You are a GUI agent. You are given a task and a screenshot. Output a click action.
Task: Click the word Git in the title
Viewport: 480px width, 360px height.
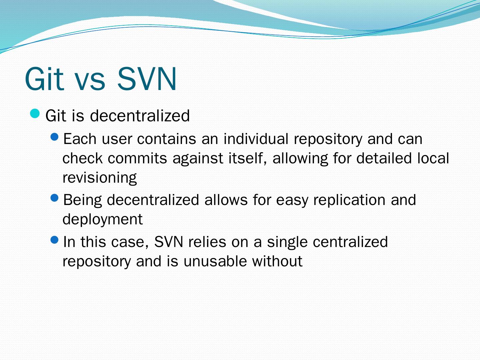[x=44, y=78]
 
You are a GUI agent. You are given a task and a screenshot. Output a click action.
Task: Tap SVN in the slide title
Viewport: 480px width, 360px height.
[x=147, y=78]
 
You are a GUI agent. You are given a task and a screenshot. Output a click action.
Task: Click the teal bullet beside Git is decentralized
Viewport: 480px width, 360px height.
[x=35, y=114]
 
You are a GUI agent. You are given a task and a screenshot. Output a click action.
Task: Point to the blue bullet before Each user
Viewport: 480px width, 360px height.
[x=54, y=137]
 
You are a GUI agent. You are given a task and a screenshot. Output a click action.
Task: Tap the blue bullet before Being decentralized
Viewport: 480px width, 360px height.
[x=54, y=198]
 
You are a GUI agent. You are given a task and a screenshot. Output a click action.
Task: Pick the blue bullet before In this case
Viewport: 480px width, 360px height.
[x=54, y=240]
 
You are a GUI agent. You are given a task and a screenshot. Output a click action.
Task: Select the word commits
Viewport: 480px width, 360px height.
[x=137, y=158]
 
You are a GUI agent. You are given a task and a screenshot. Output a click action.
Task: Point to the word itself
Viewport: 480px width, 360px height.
[x=248, y=158]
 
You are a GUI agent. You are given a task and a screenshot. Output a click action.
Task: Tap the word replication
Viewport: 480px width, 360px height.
[x=349, y=200]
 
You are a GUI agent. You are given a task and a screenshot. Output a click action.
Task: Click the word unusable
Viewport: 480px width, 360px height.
[x=215, y=261]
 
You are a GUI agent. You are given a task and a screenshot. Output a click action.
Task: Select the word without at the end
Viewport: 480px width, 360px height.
[x=277, y=261]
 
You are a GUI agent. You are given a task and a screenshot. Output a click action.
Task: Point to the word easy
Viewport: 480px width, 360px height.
[x=292, y=201]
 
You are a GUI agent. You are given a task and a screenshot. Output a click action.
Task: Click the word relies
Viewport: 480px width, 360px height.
[x=207, y=242]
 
